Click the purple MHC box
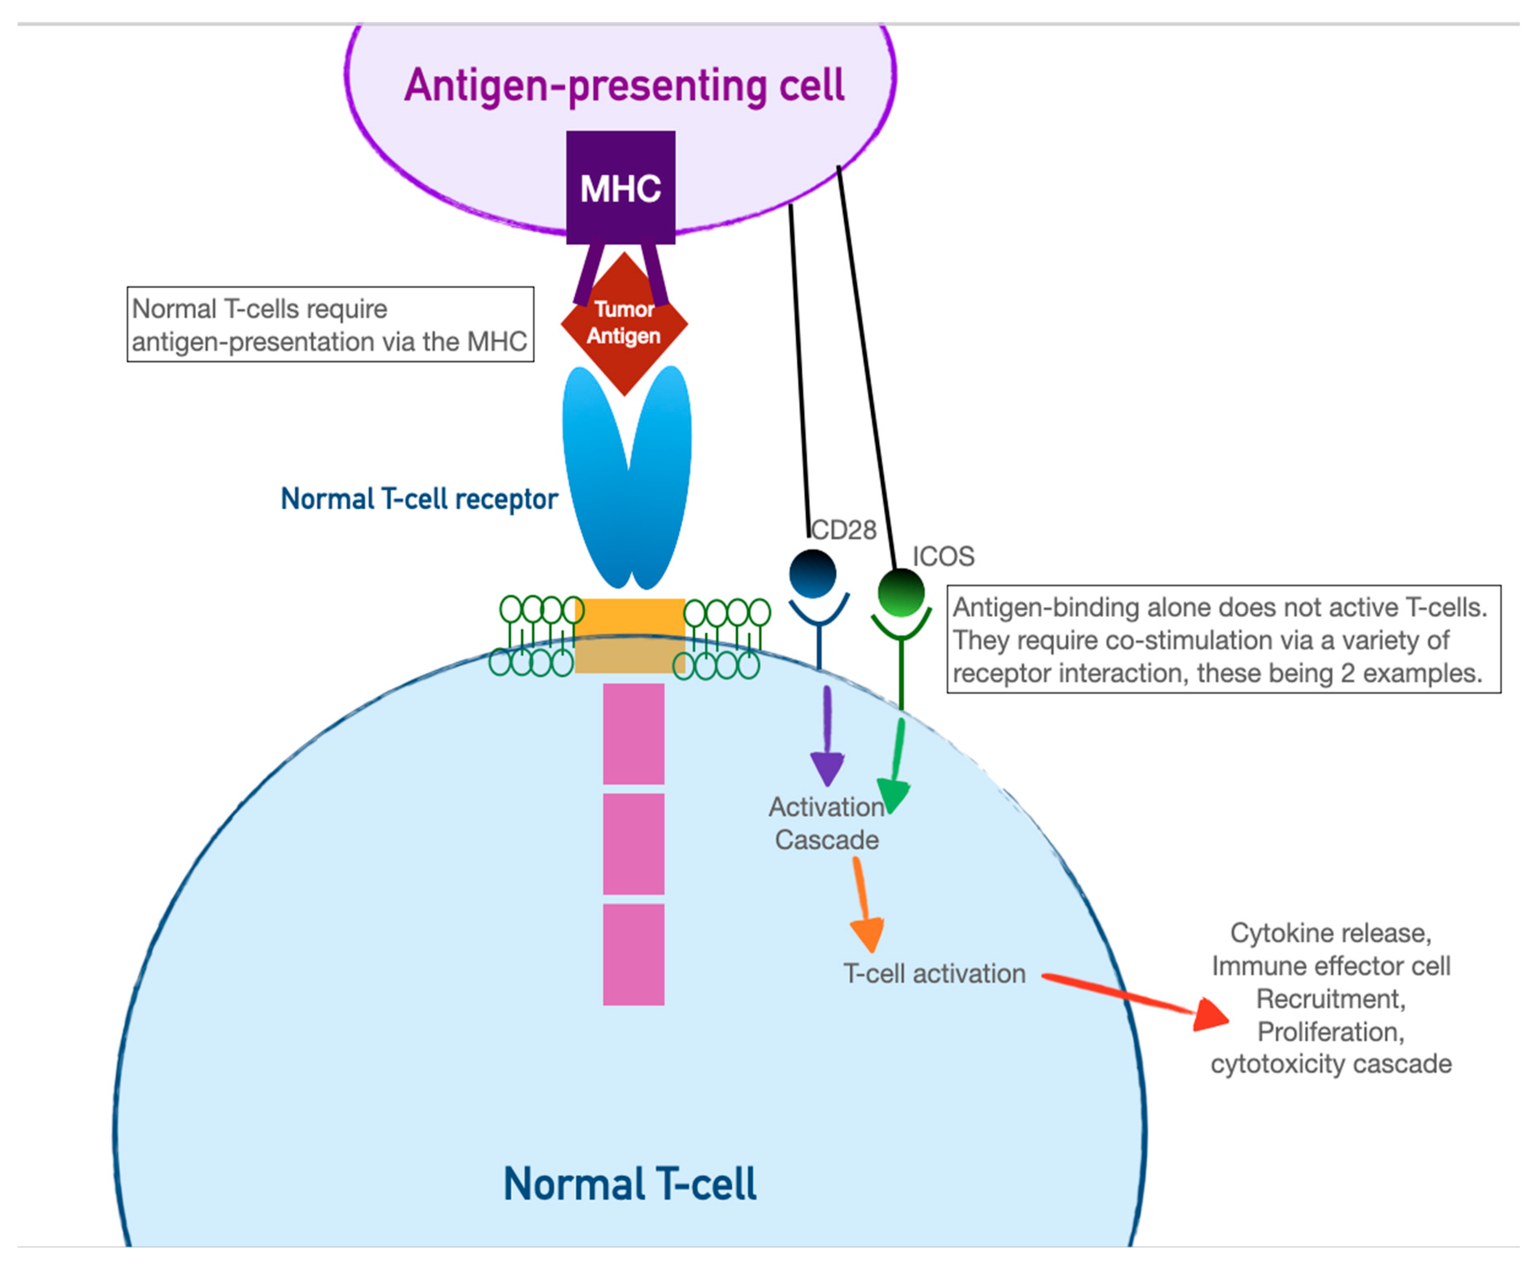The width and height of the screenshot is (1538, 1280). (x=620, y=188)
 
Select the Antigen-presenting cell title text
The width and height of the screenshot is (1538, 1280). (x=624, y=85)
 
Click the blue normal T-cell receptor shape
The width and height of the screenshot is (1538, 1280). (x=626, y=476)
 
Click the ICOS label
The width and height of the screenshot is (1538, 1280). (x=943, y=557)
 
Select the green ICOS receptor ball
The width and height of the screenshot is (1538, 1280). (x=901, y=593)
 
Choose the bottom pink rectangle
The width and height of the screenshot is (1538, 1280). (x=633, y=954)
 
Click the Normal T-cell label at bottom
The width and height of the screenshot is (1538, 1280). (x=630, y=1184)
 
